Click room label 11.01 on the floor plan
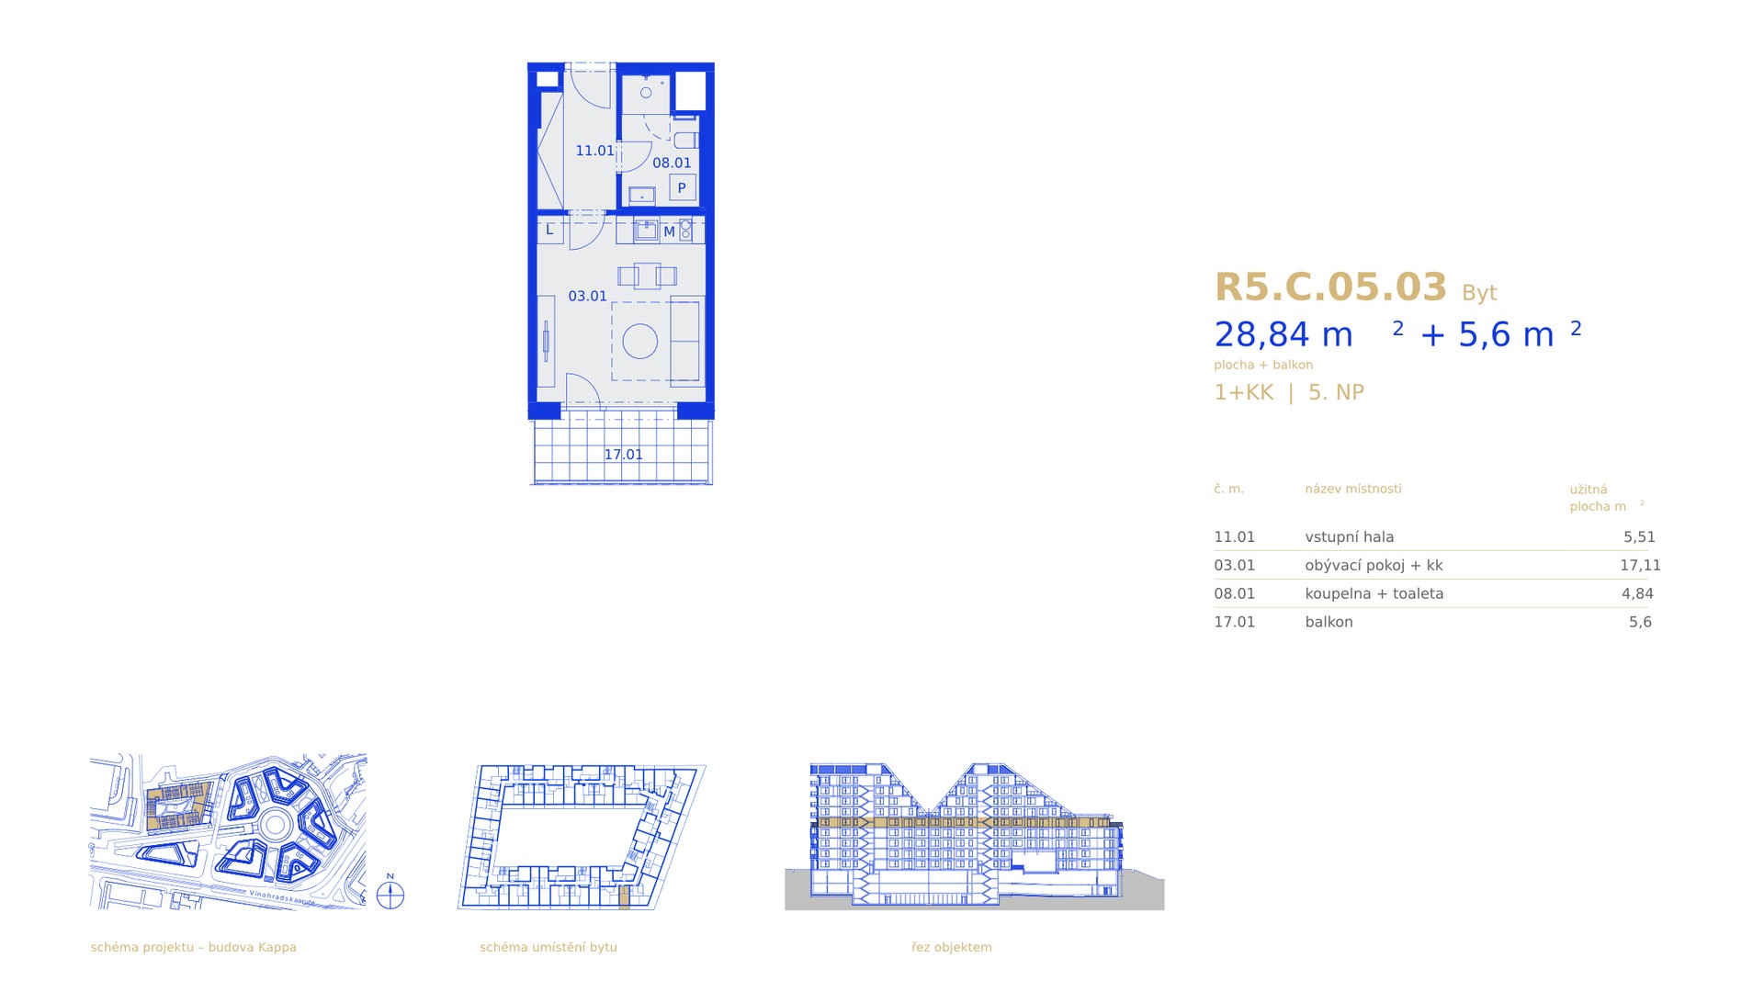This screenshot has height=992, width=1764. click(x=594, y=151)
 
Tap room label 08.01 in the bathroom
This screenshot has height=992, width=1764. click(x=672, y=163)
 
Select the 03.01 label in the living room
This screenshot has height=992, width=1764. click(x=587, y=297)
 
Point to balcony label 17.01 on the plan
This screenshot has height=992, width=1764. click(x=623, y=455)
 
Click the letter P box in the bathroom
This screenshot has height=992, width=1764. click(x=682, y=188)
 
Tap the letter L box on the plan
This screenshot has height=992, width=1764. click(x=550, y=230)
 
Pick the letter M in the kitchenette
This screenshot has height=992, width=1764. click(x=669, y=232)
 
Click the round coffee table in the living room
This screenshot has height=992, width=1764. click(x=640, y=342)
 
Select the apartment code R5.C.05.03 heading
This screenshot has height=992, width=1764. click(x=1330, y=287)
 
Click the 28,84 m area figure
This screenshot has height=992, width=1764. click(x=1283, y=335)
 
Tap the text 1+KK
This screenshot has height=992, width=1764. click(x=1244, y=392)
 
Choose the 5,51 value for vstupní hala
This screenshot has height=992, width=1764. click(x=1639, y=537)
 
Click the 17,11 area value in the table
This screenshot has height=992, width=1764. click(x=1640, y=566)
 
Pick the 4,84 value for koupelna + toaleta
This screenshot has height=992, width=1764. click(x=1637, y=594)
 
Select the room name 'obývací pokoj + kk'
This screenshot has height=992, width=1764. click(x=1374, y=566)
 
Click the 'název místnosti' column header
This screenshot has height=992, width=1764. click(x=1353, y=489)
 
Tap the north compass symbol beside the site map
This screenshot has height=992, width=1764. click(x=390, y=893)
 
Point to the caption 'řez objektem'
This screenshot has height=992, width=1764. click(x=952, y=947)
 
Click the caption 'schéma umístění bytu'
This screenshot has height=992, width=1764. click(x=548, y=947)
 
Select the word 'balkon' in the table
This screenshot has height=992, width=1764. click(x=1329, y=622)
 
